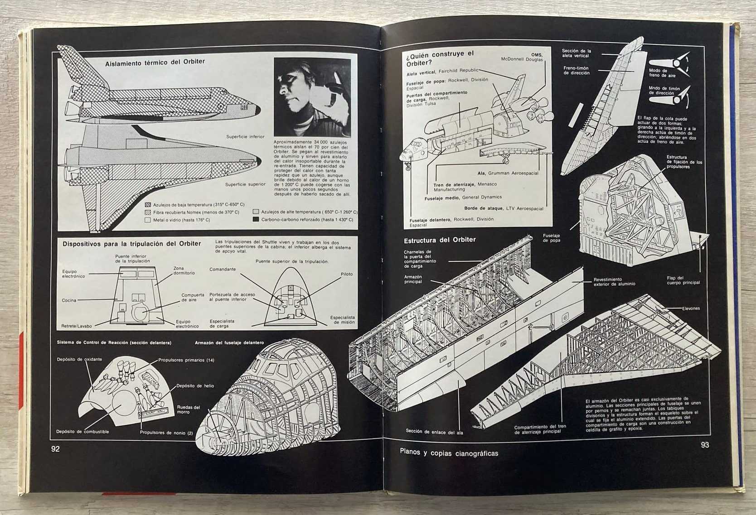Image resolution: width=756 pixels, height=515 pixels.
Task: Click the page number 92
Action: click(55, 449)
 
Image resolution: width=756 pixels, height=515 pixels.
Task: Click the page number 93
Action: click(704, 445)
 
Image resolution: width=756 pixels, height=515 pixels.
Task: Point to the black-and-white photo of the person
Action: click(312, 97)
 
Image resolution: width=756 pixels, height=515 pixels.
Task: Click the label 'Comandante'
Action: click(223, 270)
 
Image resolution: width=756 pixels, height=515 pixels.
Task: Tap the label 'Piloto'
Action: click(346, 274)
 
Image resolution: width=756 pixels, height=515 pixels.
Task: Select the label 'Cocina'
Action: click(69, 300)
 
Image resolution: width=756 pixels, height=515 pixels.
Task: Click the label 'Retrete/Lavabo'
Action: click(77, 326)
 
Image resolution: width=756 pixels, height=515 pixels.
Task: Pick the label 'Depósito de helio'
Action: click(195, 386)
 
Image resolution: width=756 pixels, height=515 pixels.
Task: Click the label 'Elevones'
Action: click(691, 308)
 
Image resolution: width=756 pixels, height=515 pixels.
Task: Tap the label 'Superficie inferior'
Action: click(245, 136)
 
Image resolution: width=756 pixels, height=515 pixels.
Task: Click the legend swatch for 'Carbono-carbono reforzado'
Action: click(256, 220)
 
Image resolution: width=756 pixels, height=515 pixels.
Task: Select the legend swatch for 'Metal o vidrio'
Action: click(147, 220)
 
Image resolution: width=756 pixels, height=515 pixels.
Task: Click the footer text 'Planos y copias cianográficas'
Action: click(449, 453)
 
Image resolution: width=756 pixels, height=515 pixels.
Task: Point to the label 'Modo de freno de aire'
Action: click(659, 73)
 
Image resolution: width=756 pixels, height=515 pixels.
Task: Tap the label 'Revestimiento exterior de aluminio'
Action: click(614, 282)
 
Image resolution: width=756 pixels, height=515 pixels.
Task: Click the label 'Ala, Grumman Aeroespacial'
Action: click(508, 173)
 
